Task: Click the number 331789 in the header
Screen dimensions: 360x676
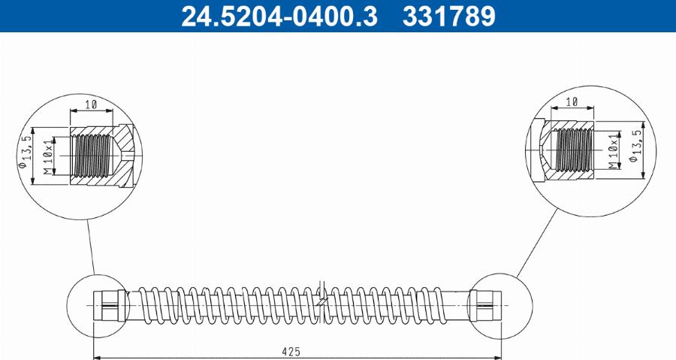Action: (449, 16)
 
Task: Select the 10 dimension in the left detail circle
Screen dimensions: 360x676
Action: (92, 104)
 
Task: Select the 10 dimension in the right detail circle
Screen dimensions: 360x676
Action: (571, 101)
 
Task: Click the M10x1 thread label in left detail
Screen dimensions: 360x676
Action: (48, 156)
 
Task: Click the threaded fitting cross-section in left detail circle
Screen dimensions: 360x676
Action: (101, 156)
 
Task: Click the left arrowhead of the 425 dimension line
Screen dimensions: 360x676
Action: (95, 356)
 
